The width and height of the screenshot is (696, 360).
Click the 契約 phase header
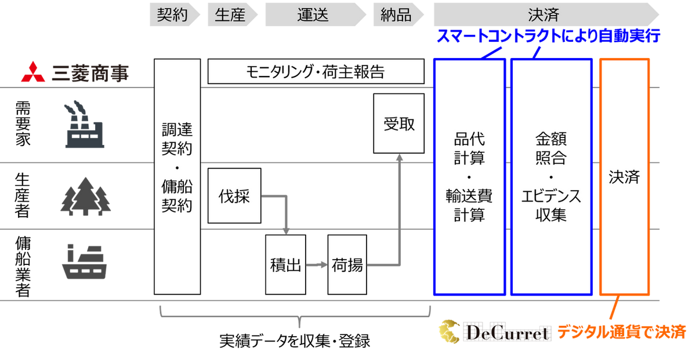tap(173, 14)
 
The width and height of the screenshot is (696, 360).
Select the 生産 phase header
tap(230, 14)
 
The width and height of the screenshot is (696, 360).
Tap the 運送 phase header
tap(313, 14)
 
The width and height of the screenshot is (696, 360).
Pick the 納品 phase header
tap(397, 14)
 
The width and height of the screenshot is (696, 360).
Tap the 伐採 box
tap(234, 196)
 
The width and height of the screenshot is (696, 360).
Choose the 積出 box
tap(285, 265)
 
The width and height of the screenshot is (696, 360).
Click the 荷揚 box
tap(347, 265)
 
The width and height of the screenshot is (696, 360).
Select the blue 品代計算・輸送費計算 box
tap(469, 177)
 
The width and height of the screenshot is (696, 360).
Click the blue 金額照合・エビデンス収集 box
tap(551, 177)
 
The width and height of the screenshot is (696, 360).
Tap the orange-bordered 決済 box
tap(624, 177)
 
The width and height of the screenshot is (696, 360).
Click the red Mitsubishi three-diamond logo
tap(35, 73)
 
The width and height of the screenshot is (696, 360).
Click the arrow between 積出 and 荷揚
tap(316, 265)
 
